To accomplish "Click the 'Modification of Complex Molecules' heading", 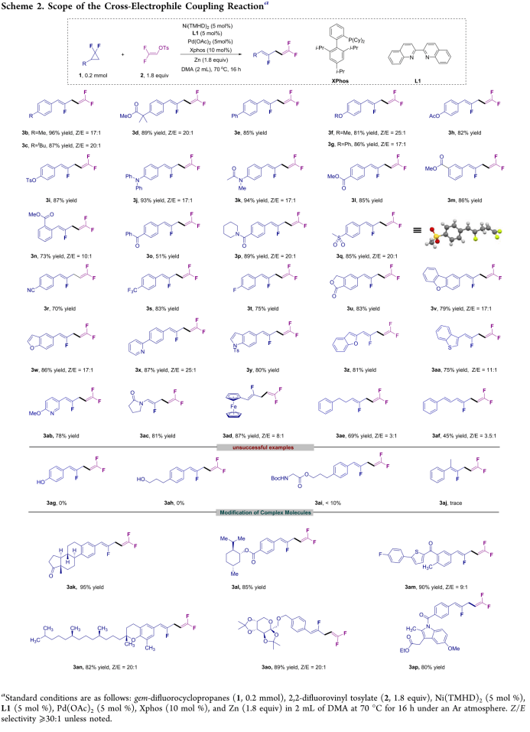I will coord(264,512).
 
